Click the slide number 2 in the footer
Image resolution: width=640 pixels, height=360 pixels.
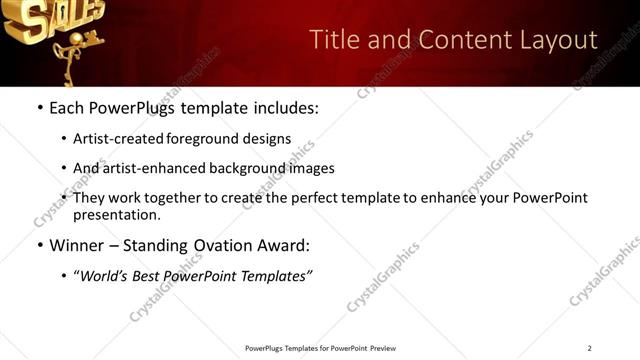tap(589, 348)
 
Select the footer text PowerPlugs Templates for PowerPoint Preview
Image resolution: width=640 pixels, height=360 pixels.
tap(319, 348)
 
